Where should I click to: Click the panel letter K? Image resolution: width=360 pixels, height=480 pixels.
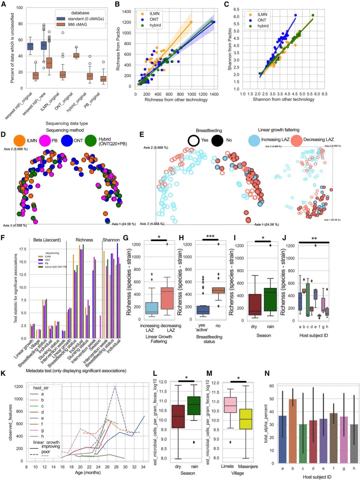pos(3,373)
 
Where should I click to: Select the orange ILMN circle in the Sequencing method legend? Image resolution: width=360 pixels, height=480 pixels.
pos(19,141)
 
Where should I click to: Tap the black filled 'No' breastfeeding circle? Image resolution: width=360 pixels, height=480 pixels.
pos(217,140)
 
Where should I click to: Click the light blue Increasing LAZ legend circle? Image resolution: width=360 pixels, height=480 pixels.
pos(254,140)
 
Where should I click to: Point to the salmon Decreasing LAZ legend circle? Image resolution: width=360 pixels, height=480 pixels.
pos(296,140)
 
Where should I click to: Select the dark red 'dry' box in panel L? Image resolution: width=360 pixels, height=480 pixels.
pos(178,416)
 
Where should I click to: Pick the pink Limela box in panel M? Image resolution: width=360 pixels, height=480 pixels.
pos(230,405)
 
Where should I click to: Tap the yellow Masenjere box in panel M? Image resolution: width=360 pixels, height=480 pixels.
pos(246,419)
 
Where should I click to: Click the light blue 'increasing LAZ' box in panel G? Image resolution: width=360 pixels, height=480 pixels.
pos(152,308)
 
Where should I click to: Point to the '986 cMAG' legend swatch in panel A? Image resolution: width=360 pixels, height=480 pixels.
pos(61,25)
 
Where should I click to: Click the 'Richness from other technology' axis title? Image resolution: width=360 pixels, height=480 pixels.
pos(176,100)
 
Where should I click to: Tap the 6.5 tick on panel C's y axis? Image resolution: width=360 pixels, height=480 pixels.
pos(236,9)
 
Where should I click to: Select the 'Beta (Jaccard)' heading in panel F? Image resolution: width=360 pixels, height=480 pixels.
pos(47,240)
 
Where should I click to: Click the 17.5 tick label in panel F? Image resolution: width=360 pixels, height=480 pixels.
pos(23,249)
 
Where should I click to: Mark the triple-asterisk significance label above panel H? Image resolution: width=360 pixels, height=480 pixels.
pos(210,236)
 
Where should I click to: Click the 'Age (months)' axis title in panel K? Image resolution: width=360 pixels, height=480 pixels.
pos(88,472)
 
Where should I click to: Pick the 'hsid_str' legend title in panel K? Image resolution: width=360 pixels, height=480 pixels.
pos(41,388)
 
